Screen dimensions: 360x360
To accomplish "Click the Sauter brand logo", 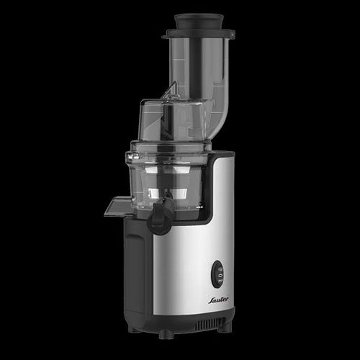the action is coord(218,300).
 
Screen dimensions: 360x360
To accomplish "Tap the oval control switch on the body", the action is coord(219,274).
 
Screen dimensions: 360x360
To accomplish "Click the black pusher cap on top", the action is coord(199,22).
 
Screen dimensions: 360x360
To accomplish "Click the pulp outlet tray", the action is coord(118,207).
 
